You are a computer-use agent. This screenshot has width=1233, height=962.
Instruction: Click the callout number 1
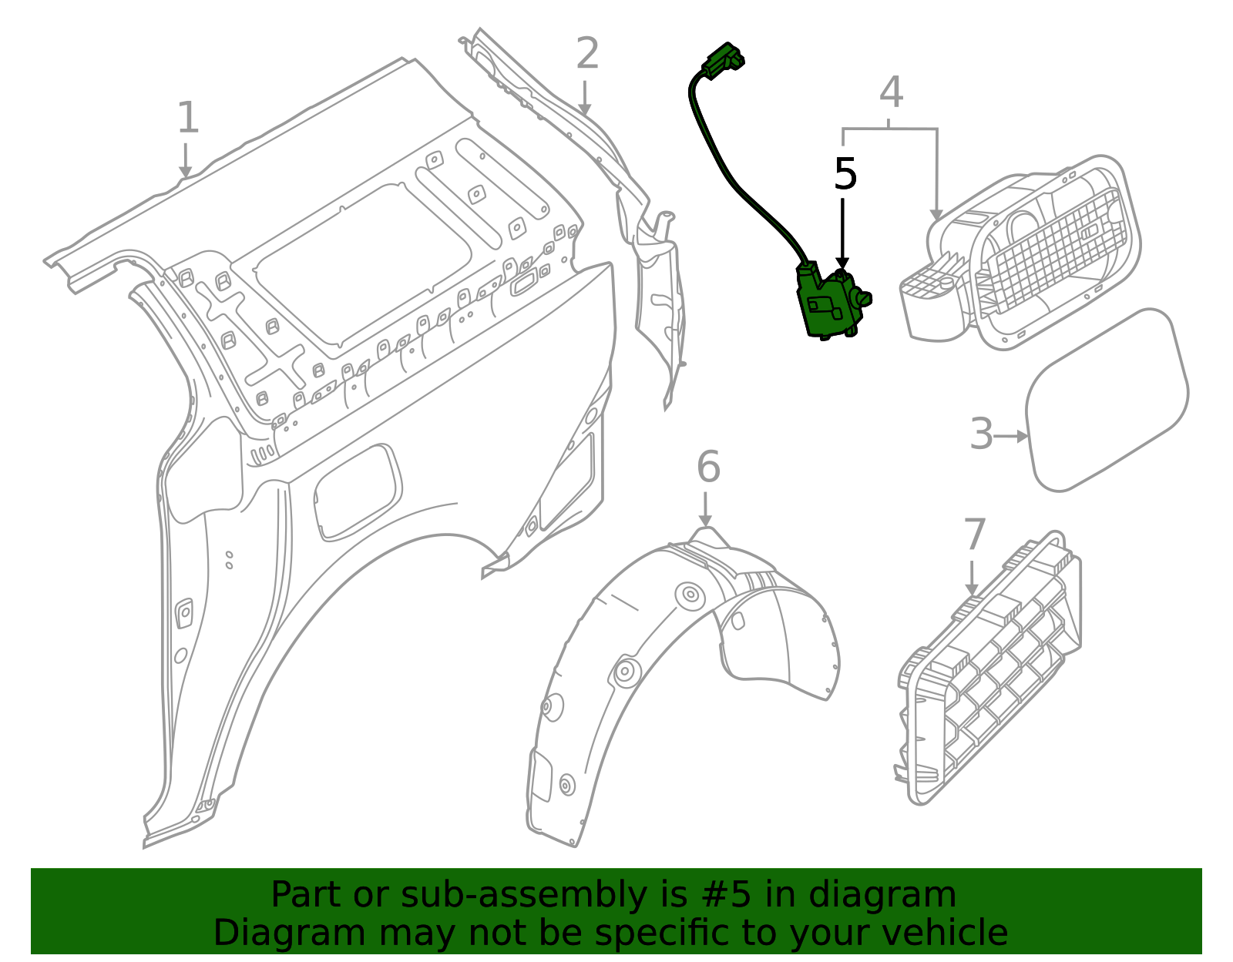click(188, 119)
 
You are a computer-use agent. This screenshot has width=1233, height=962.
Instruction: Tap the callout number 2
click(587, 55)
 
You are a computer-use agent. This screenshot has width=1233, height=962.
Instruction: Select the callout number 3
click(981, 434)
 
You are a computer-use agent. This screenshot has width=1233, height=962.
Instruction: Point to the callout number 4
click(891, 93)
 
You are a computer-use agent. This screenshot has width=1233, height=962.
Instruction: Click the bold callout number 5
click(845, 175)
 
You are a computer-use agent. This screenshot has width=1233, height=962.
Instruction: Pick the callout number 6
click(708, 468)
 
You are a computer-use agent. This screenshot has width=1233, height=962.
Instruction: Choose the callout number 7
click(975, 535)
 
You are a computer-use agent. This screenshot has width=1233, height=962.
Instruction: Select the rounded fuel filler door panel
click(1107, 400)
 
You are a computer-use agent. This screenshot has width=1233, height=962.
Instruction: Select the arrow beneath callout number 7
click(972, 578)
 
